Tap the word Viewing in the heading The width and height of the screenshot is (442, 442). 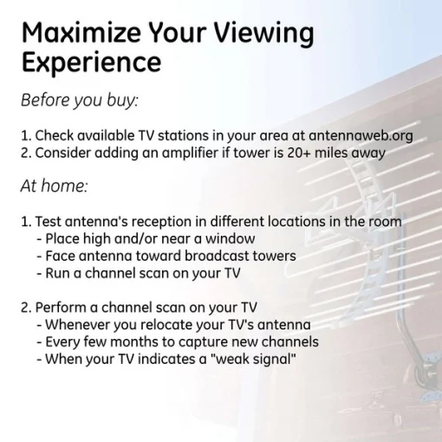(x=263, y=34)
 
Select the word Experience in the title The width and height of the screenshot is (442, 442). (x=91, y=63)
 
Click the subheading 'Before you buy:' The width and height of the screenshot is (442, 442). (x=80, y=100)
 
